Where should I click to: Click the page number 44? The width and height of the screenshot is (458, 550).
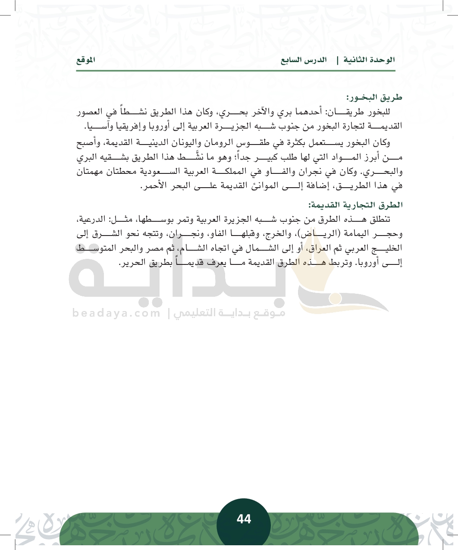tap(244, 519)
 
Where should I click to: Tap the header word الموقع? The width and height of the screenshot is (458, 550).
tap(85, 60)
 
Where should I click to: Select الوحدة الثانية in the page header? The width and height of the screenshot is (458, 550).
tap(369, 60)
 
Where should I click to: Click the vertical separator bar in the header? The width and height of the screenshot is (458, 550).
tap(337, 60)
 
